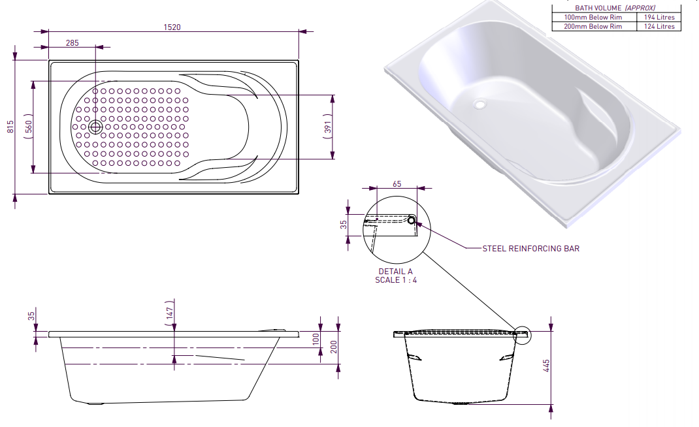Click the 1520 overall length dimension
point(172,27)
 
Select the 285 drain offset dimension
point(73,42)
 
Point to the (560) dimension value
point(29,127)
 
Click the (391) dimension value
point(328,127)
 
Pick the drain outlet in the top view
point(96,127)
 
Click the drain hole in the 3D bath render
point(480,104)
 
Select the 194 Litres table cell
point(659,17)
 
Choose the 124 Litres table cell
point(659,26)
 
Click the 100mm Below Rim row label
point(593,17)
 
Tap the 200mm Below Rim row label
point(593,26)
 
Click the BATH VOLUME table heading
point(615,8)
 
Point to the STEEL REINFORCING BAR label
point(530,248)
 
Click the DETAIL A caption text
point(395,272)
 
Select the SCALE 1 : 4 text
point(395,280)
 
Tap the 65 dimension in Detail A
point(397,184)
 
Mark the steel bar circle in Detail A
point(412,219)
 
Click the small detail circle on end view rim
point(523,336)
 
